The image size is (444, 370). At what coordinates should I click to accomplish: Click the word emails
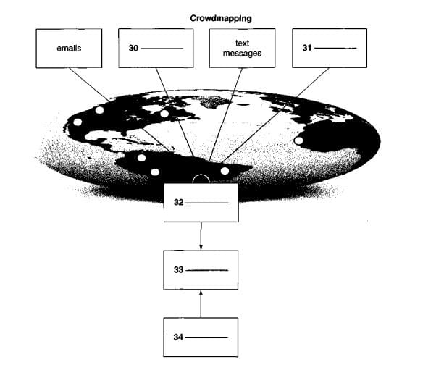[69, 49]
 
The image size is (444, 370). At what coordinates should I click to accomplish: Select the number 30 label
[133, 49]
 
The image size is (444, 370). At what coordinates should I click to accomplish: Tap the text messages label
[242, 49]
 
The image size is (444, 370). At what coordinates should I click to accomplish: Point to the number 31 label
[306, 49]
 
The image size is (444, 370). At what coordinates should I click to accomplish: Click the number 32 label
[178, 202]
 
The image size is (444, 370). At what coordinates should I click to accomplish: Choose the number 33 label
[178, 270]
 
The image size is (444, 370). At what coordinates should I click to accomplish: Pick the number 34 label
[178, 337]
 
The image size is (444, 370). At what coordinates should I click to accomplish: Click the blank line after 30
[163, 49]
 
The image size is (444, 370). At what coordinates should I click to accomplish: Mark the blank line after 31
[337, 49]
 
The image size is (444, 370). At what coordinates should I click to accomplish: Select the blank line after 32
[209, 202]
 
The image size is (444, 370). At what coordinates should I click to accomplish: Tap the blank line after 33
[209, 270]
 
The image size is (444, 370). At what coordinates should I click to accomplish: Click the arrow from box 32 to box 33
[201, 237]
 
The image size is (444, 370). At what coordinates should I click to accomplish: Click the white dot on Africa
[298, 142]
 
